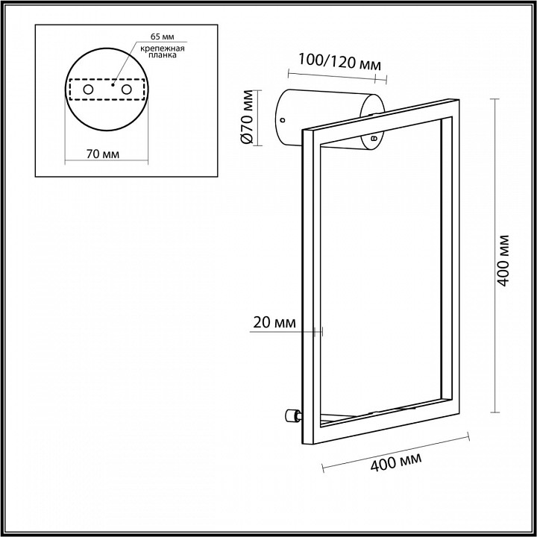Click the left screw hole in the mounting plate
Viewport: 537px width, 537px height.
88,90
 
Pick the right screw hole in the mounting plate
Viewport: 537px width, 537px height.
126,90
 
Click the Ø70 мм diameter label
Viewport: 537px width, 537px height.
250,118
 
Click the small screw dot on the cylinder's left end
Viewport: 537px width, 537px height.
283,119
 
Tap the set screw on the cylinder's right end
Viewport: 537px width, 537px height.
373,137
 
